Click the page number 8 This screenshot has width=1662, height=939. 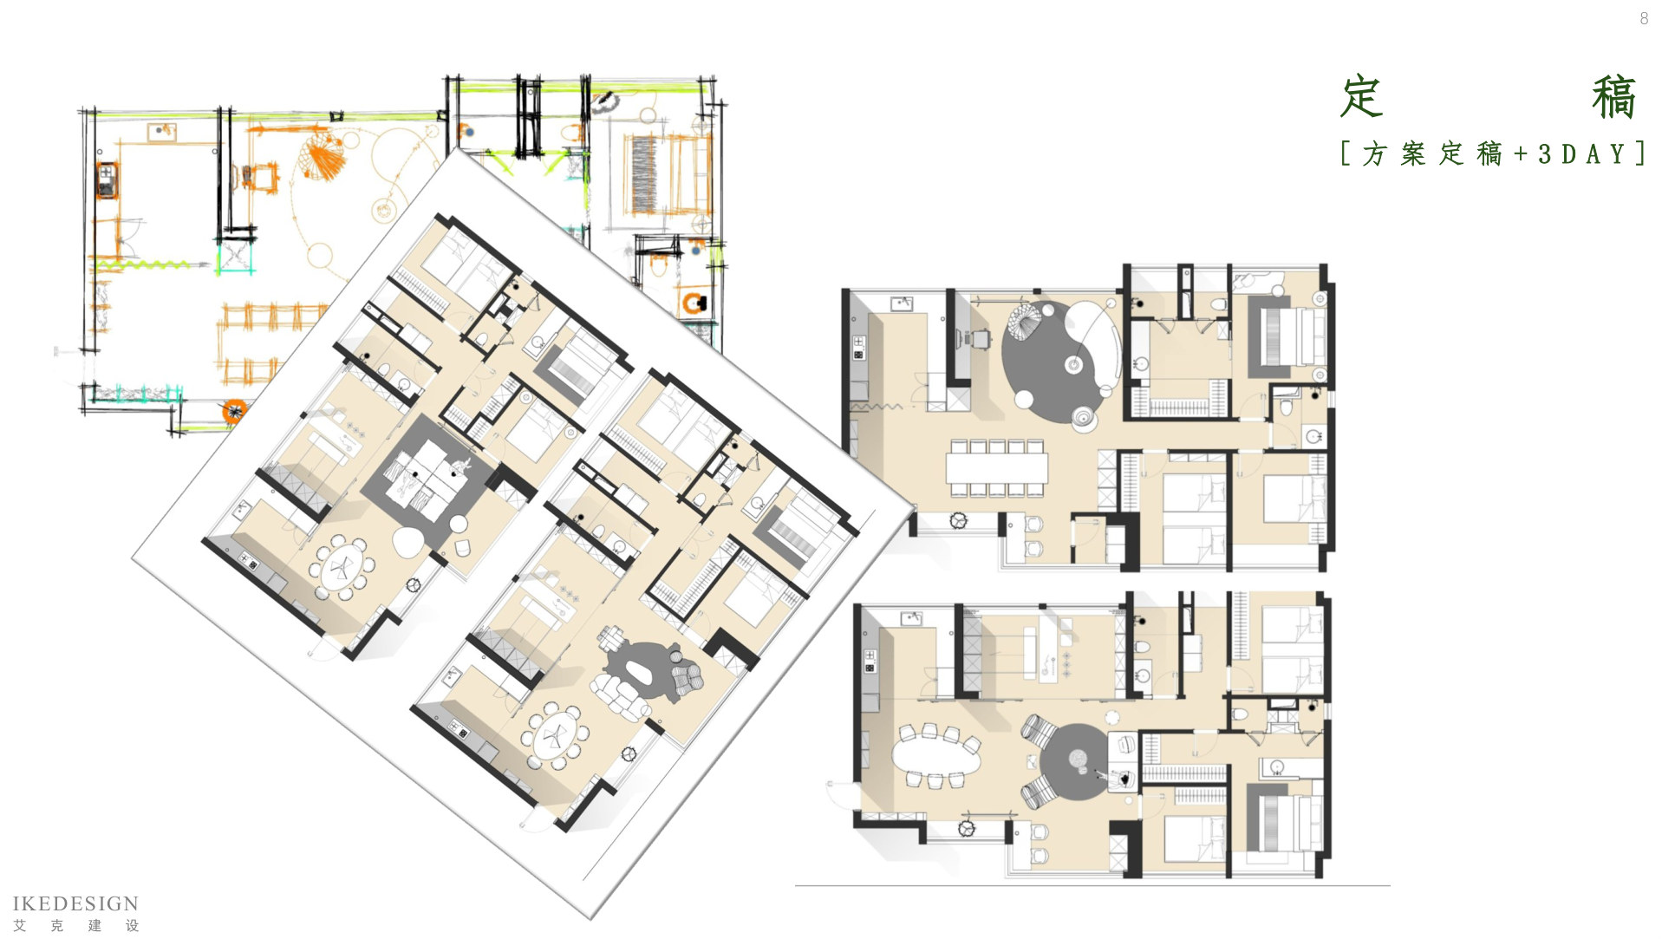[x=1644, y=18]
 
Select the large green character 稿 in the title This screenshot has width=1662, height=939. [x=1613, y=97]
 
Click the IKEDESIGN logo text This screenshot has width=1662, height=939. [x=75, y=903]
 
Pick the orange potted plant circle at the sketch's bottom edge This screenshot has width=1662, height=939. [x=233, y=412]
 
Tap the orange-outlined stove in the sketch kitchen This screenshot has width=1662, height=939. [x=106, y=179]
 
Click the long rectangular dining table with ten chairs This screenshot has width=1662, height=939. [x=997, y=468]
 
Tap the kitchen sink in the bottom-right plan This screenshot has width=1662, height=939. [x=910, y=618]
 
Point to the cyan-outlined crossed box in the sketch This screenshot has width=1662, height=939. [x=234, y=258]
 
